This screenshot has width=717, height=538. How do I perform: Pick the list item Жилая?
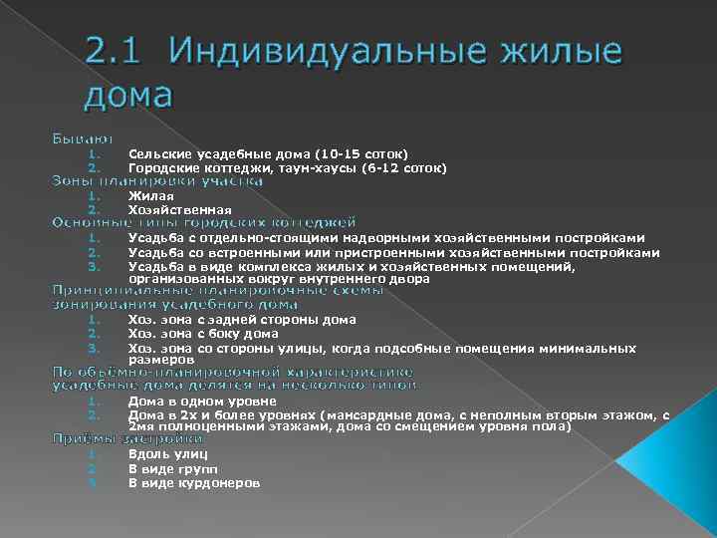143,196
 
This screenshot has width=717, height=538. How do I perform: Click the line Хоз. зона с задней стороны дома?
242,320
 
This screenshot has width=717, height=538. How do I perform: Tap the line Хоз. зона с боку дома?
203,334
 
